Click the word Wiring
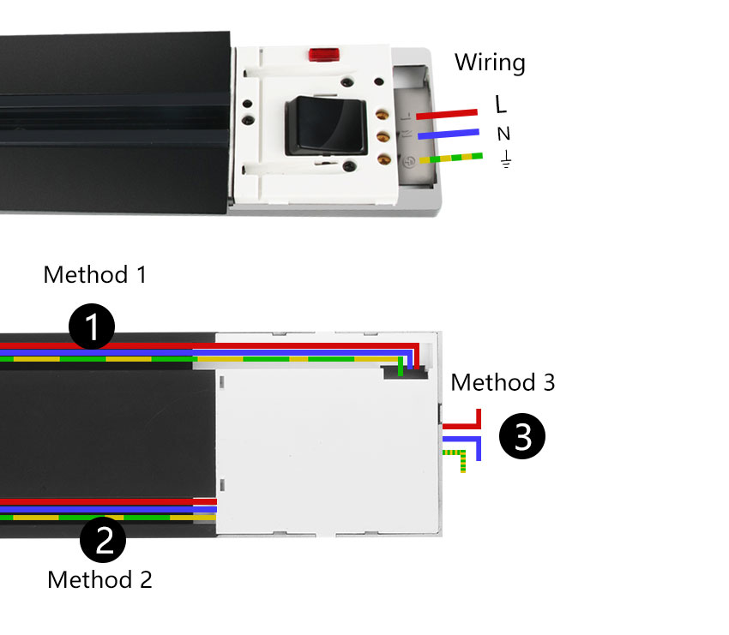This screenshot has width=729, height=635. (489, 63)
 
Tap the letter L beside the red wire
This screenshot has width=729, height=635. (501, 105)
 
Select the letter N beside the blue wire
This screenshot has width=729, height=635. (503, 134)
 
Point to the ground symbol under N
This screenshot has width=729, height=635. (505, 159)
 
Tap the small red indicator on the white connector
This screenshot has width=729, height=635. (324, 56)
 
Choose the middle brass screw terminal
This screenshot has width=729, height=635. (384, 135)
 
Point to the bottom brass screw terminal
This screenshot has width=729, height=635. (384, 159)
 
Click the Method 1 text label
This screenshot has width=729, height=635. (94, 275)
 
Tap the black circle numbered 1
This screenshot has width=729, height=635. (92, 326)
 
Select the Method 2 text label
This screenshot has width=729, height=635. (99, 579)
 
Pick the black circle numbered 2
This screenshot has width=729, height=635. (103, 541)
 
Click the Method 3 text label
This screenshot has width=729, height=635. (503, 382)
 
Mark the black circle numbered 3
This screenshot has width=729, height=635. (522, 436)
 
